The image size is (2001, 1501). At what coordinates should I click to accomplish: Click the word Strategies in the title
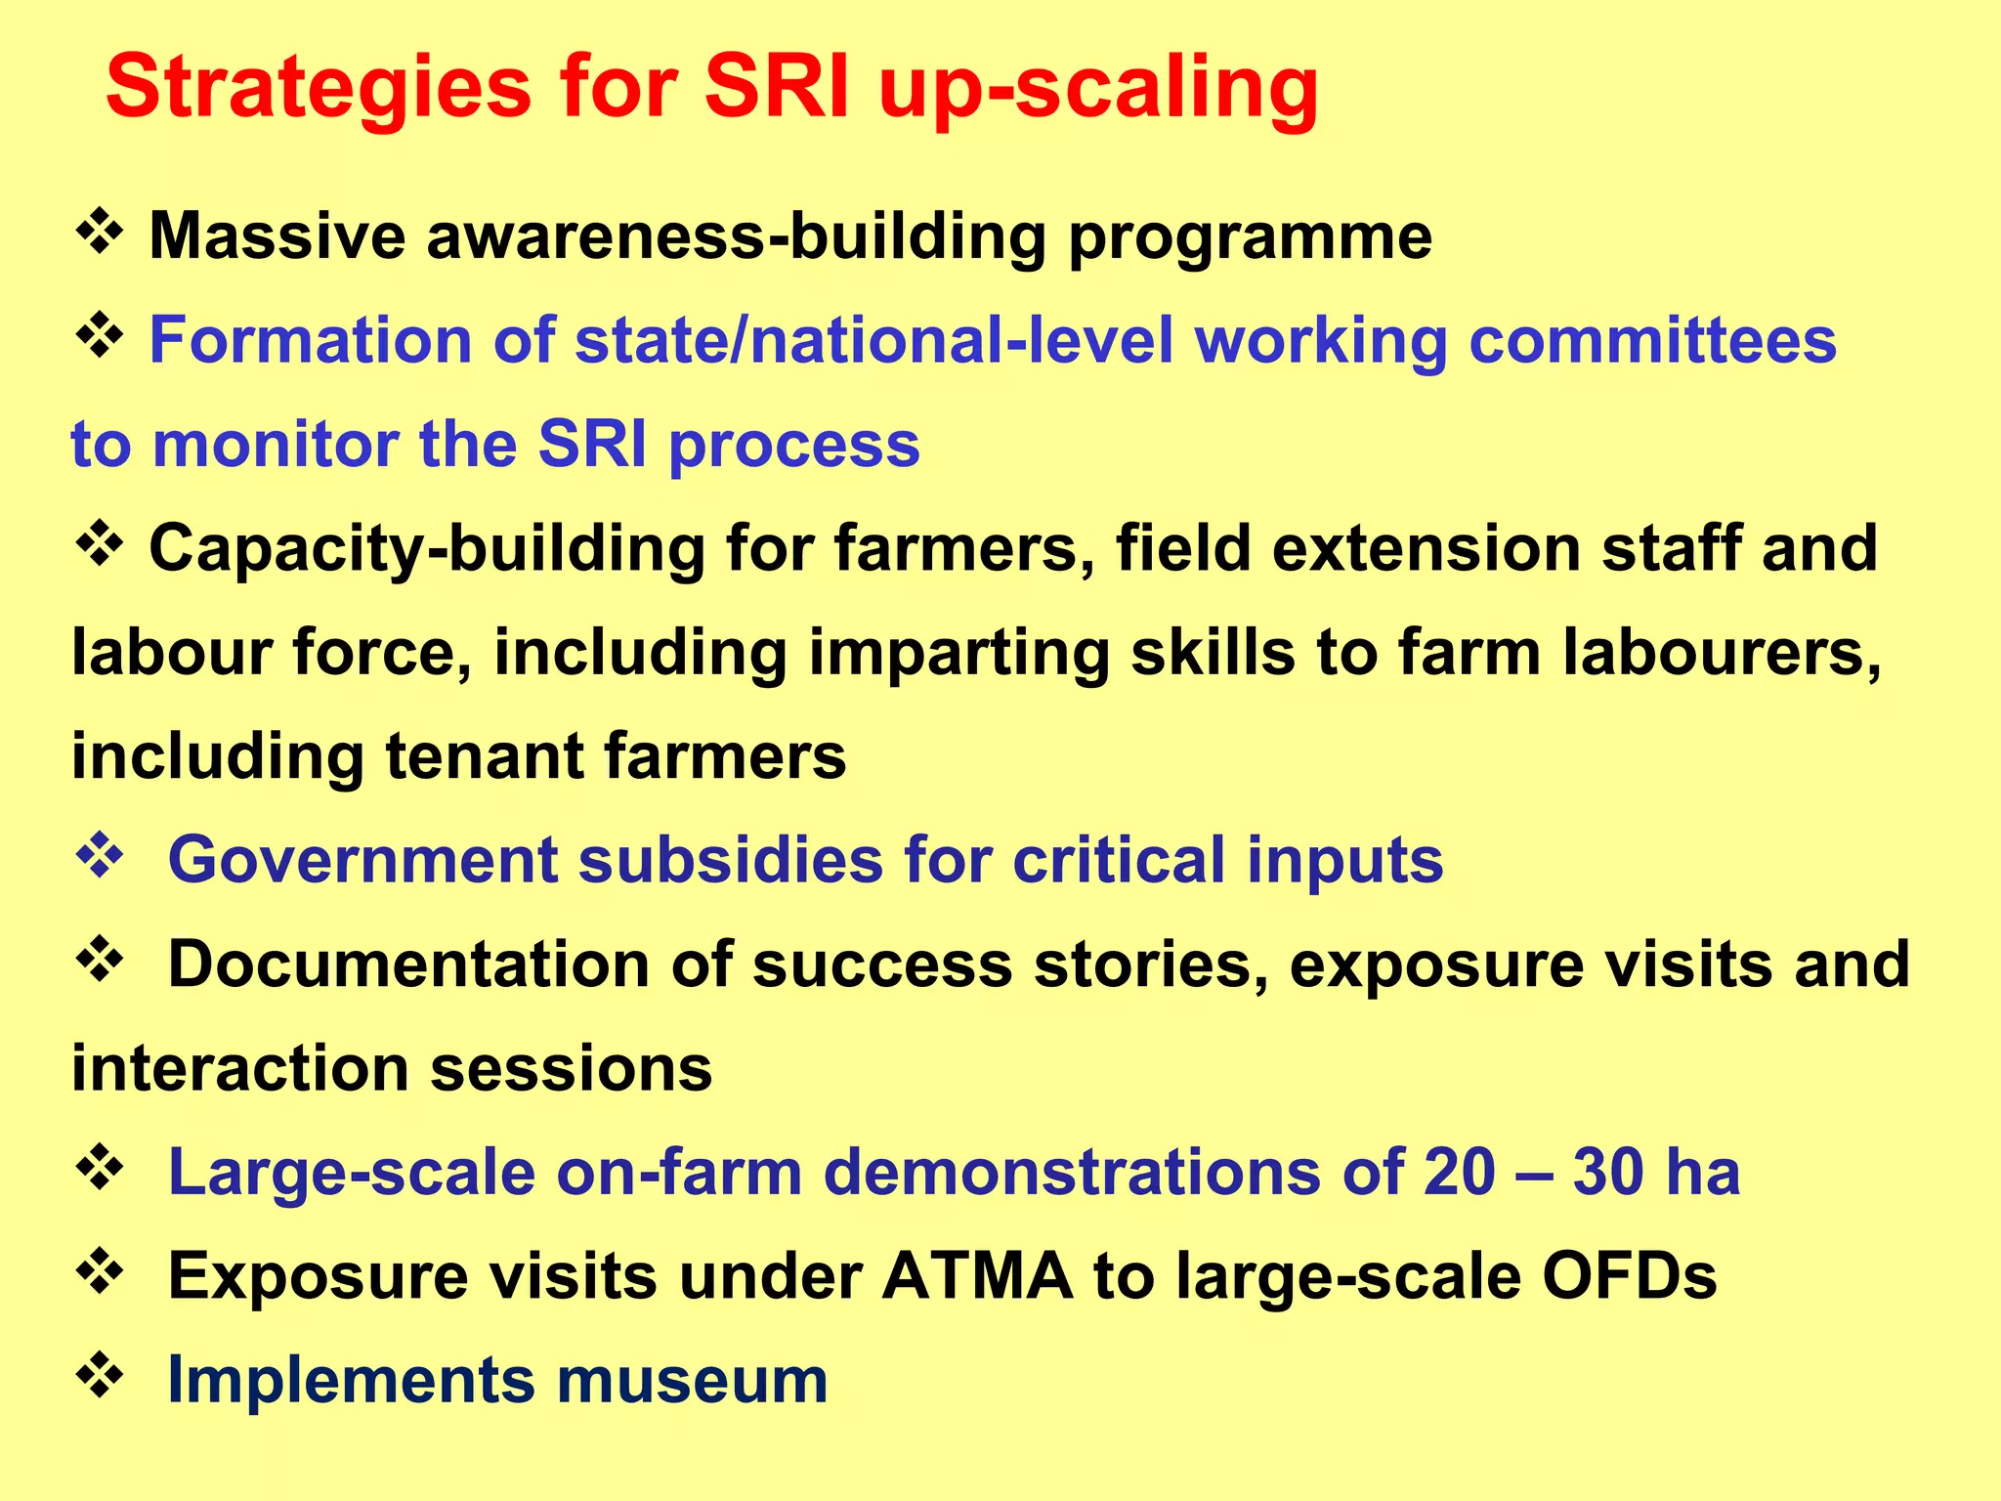point(318,90)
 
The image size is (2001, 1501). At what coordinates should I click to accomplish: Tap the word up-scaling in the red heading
point(1098,90)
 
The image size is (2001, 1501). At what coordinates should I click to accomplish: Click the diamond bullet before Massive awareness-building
point(99,235)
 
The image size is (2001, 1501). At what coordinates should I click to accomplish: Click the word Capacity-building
point(427,549)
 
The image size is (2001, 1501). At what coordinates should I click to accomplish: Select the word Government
point(362,861)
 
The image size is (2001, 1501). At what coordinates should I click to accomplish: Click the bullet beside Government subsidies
point(99,858)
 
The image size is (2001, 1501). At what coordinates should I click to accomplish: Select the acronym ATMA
point(977,1276)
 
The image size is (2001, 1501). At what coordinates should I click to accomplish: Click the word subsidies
point(731,861)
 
